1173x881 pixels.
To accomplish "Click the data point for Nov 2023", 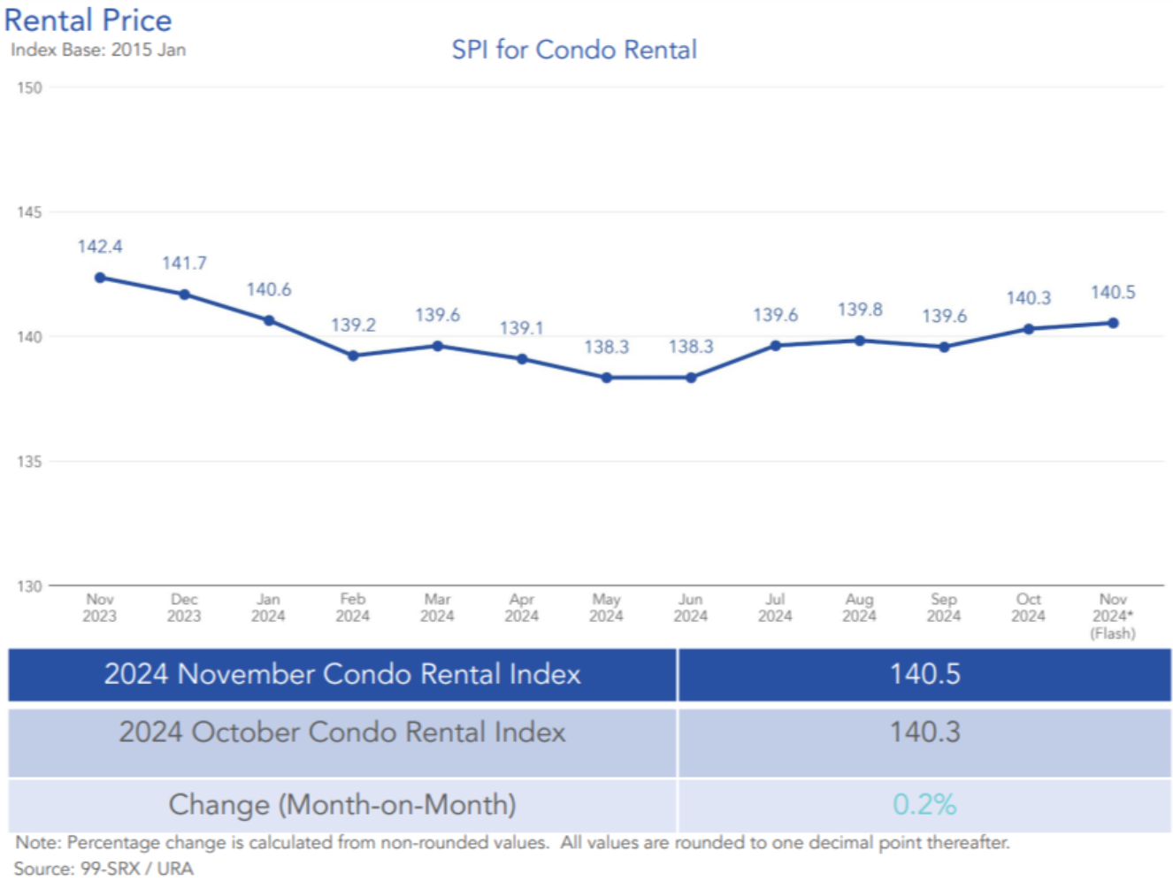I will [100, 278].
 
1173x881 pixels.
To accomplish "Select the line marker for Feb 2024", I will [353, 356].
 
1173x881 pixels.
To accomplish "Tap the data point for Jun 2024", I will [691, 378].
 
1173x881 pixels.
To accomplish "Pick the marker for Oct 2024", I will [1029, 329].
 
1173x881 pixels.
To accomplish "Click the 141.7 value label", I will [184, 263].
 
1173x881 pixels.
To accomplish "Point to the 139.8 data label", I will [860, 310].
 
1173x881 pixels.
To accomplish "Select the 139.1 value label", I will [522, 328].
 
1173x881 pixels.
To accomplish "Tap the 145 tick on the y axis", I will [29, 212].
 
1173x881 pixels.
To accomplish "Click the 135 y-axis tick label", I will [29, 462].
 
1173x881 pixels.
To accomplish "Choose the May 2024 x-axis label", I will [606, 608].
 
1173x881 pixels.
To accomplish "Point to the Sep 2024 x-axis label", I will [944, 608].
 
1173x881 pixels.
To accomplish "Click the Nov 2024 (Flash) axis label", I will [1113, 616].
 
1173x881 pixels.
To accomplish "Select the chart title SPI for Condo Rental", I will [574, 50].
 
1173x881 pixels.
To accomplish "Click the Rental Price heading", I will [88, 19].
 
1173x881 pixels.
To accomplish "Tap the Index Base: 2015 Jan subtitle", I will [98, 50].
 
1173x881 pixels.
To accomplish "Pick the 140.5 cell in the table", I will [924, 674].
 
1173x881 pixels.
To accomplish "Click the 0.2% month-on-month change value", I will [924, 804].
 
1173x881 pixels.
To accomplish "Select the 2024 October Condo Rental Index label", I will [342, 732].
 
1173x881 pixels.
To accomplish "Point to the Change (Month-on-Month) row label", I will [342, 805].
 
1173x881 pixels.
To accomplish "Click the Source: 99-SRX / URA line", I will [103, 869].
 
